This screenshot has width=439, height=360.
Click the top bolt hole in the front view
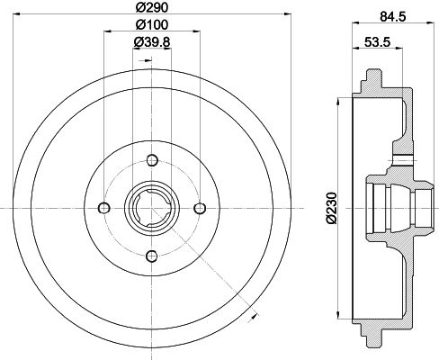pos(150,161)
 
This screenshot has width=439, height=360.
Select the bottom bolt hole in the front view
pos(150,254)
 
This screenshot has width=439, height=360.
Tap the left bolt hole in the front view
pos(104,208)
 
